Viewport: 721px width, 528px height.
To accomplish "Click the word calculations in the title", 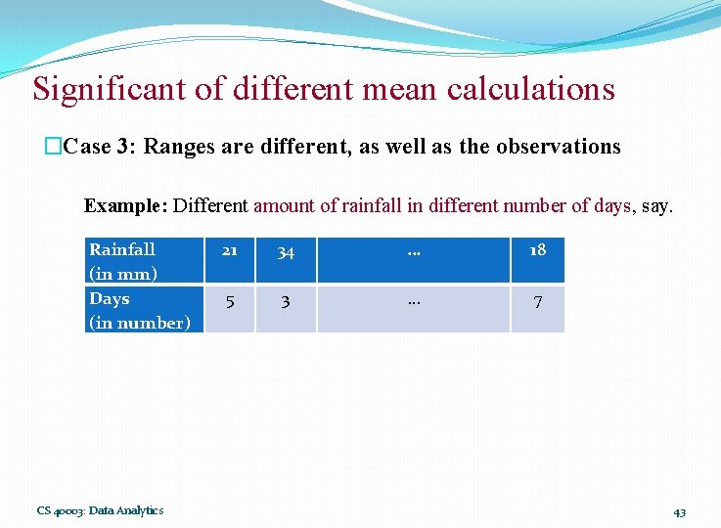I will point(531,89).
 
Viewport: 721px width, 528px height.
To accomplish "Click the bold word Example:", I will point(126,205).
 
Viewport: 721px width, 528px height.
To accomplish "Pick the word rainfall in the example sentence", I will point(372,205).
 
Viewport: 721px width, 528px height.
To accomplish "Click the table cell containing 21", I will point(229,252).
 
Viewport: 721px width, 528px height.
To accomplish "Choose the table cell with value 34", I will point(285,253).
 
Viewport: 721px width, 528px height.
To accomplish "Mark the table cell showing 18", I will point(537,250).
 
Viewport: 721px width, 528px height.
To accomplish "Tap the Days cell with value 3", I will point(285,302).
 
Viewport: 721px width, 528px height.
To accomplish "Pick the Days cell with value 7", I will point(537,302).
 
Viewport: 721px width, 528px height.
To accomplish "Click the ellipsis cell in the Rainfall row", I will point(414,252).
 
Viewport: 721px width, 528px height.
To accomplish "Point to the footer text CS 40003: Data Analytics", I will point(100,509).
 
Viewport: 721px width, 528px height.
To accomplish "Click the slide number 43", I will point(679,511).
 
